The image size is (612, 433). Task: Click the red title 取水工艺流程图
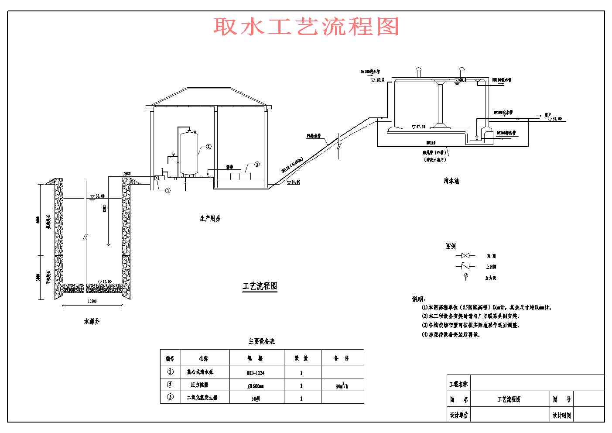(x=306, y=27)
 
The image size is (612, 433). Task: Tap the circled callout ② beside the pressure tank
(x=209, y=147)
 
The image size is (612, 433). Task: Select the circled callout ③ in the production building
(x=257, y=164)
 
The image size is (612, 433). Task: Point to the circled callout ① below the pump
(x=168, y=190)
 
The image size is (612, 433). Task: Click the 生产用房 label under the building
(x=210, y=218)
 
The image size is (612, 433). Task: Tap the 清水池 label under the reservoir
(x=451, y=180)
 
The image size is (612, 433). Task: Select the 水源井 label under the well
(x=92, y=321)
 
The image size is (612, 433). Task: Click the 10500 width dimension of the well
(x=92, y=301)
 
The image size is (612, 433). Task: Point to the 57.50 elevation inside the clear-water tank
(x=421, y=127)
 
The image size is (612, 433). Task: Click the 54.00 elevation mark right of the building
(x=295, y=182)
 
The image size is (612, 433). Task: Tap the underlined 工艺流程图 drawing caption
(x=260, y=286)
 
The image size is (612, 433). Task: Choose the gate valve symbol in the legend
(x=465, y=256)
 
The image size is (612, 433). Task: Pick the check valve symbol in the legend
(x=465, y=266)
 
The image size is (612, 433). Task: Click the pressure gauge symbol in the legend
(x=466, y=276)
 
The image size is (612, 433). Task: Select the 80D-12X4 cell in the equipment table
(x=256, y=373)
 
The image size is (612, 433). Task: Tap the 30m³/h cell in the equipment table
(x=342, y=386)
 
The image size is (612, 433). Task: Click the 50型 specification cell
(x=256, y=398)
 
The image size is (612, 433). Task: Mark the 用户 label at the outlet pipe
(x=548, y=115)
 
